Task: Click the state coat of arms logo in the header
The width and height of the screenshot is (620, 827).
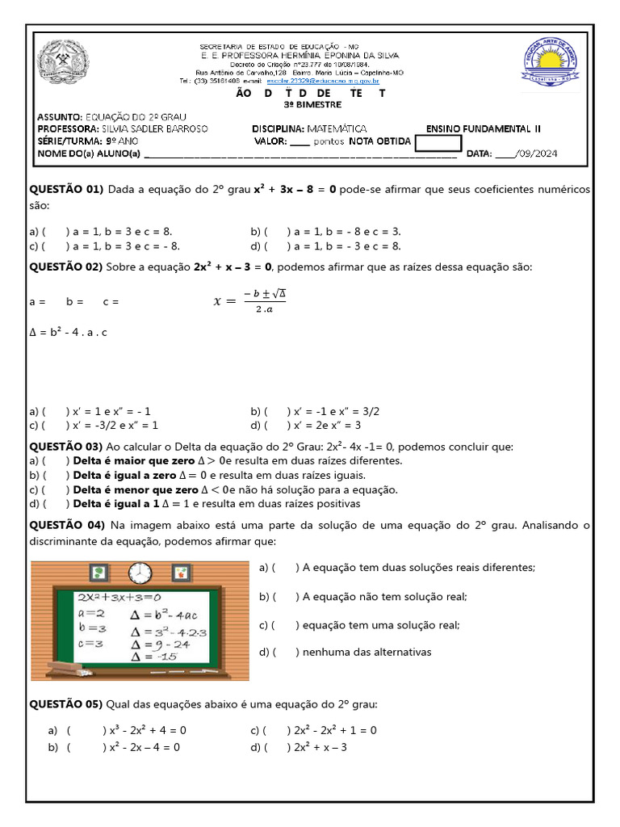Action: (65, 62)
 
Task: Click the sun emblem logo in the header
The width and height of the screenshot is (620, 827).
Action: (551, 62)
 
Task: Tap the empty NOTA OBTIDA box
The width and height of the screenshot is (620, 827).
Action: (438, 143)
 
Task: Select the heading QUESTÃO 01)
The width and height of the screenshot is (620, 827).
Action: (67, 189)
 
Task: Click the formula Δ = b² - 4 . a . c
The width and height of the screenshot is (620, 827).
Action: (69, 332)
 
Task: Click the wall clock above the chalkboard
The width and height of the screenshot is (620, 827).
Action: (140, 572)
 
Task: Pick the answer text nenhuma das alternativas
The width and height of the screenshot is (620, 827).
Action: (367, 652)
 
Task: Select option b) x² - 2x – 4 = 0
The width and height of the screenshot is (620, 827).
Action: (145, 747)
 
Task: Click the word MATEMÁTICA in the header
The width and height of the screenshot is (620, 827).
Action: (332, 128)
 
